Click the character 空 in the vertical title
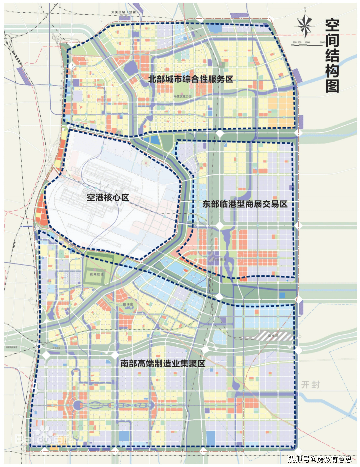pyautogui.click(x=332, y=26)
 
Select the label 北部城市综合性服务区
pyautogui.click(x=190, y=79)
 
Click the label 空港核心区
pyautogui.click(x=108, y=197)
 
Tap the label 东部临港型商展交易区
pyautogui.click(x=245, y=204)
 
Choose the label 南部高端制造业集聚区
pyautogui.click(x=163, y=363)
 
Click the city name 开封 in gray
pyautogui.click(x=310, y=385)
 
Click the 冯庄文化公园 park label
pyautogui.click(x=182, y=96)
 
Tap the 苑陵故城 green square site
pyautogui.click(x=96, y=274)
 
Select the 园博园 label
pyautogui.click(x=128, y=304)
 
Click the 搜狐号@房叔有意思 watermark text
pyautogui.click(x=319, y=459)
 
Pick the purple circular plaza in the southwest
pyautogui.click(x=77, y=405)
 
